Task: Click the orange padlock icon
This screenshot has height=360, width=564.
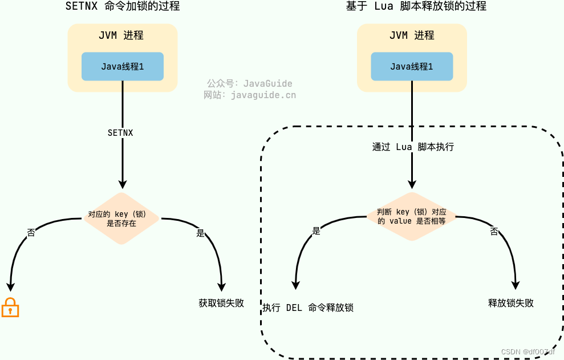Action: pos(10,308)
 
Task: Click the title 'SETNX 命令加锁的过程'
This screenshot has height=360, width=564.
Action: pos(123,7)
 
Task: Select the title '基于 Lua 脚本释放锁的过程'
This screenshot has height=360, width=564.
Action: pos(416,7)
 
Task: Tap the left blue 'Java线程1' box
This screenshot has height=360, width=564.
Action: pos(123,67)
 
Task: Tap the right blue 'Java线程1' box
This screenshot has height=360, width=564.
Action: pos(412,67)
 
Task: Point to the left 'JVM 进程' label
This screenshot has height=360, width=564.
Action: pos(121,35)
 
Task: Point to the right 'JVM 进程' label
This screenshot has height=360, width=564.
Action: pos(412,35)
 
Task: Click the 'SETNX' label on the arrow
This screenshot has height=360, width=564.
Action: pos(120,132)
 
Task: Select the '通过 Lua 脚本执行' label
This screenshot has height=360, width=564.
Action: pos(413,147)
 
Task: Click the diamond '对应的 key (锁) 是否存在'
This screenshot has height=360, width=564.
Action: pos(121,219)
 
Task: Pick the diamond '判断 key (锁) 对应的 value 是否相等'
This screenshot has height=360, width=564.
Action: pos(411,216)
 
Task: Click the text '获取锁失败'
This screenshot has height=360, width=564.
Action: pos(221,303)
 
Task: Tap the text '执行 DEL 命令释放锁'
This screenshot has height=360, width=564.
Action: pos(308,308)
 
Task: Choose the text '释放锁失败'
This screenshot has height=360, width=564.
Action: pos(511,303)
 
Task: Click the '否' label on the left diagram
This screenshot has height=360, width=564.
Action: pos(31,233)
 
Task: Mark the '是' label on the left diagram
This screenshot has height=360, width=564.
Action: pos(200,233)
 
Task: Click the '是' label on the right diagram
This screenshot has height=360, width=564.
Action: pos(317,231)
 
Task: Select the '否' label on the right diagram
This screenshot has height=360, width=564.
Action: pos(494,231)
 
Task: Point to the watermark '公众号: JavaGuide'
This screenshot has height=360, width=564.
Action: pos(249,83)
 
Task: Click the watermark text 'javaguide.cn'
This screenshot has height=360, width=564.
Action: pos(263,95)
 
